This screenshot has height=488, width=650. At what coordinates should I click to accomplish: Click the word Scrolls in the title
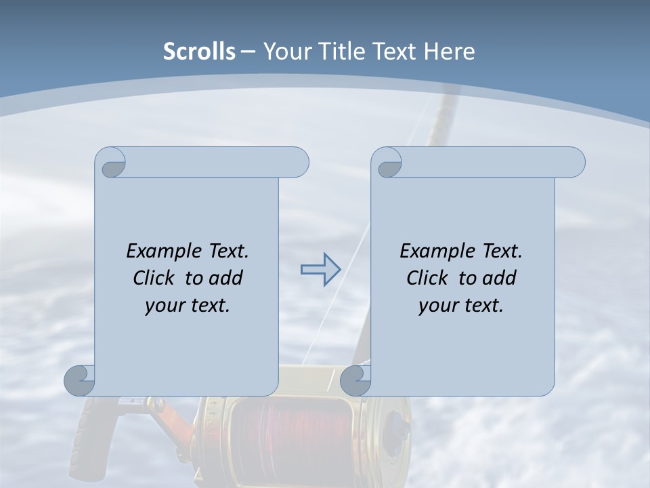click(x=199, y=52)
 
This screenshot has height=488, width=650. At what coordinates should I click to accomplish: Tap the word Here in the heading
click(x=449, y=52)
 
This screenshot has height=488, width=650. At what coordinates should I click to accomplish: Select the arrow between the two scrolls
click(x=320, y=270)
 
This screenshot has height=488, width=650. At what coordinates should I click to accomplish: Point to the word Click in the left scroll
click(x=156, y=278)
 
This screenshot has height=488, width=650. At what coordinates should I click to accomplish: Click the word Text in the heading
click(x=393, y=52)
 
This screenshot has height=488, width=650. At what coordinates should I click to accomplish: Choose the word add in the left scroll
click(x=226, y=278)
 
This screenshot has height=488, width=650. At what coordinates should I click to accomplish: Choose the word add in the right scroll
click(x=500, y=278)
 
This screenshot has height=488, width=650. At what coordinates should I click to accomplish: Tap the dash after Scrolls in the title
click(x=248, y=52)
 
